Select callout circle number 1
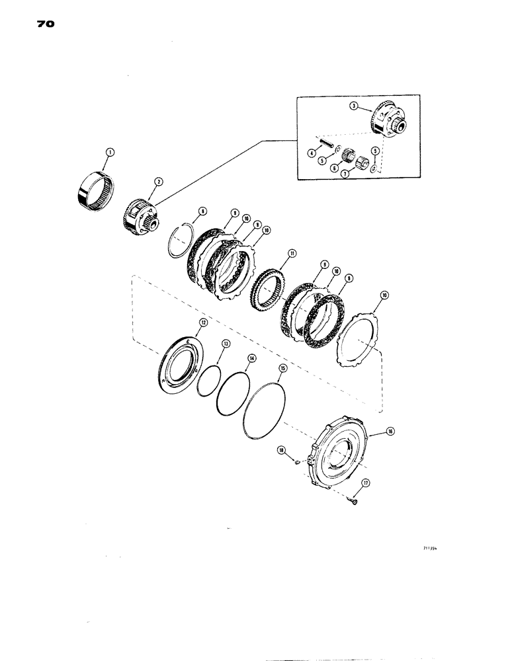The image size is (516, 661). [109, 153]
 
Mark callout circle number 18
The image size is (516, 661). [280, 449]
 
